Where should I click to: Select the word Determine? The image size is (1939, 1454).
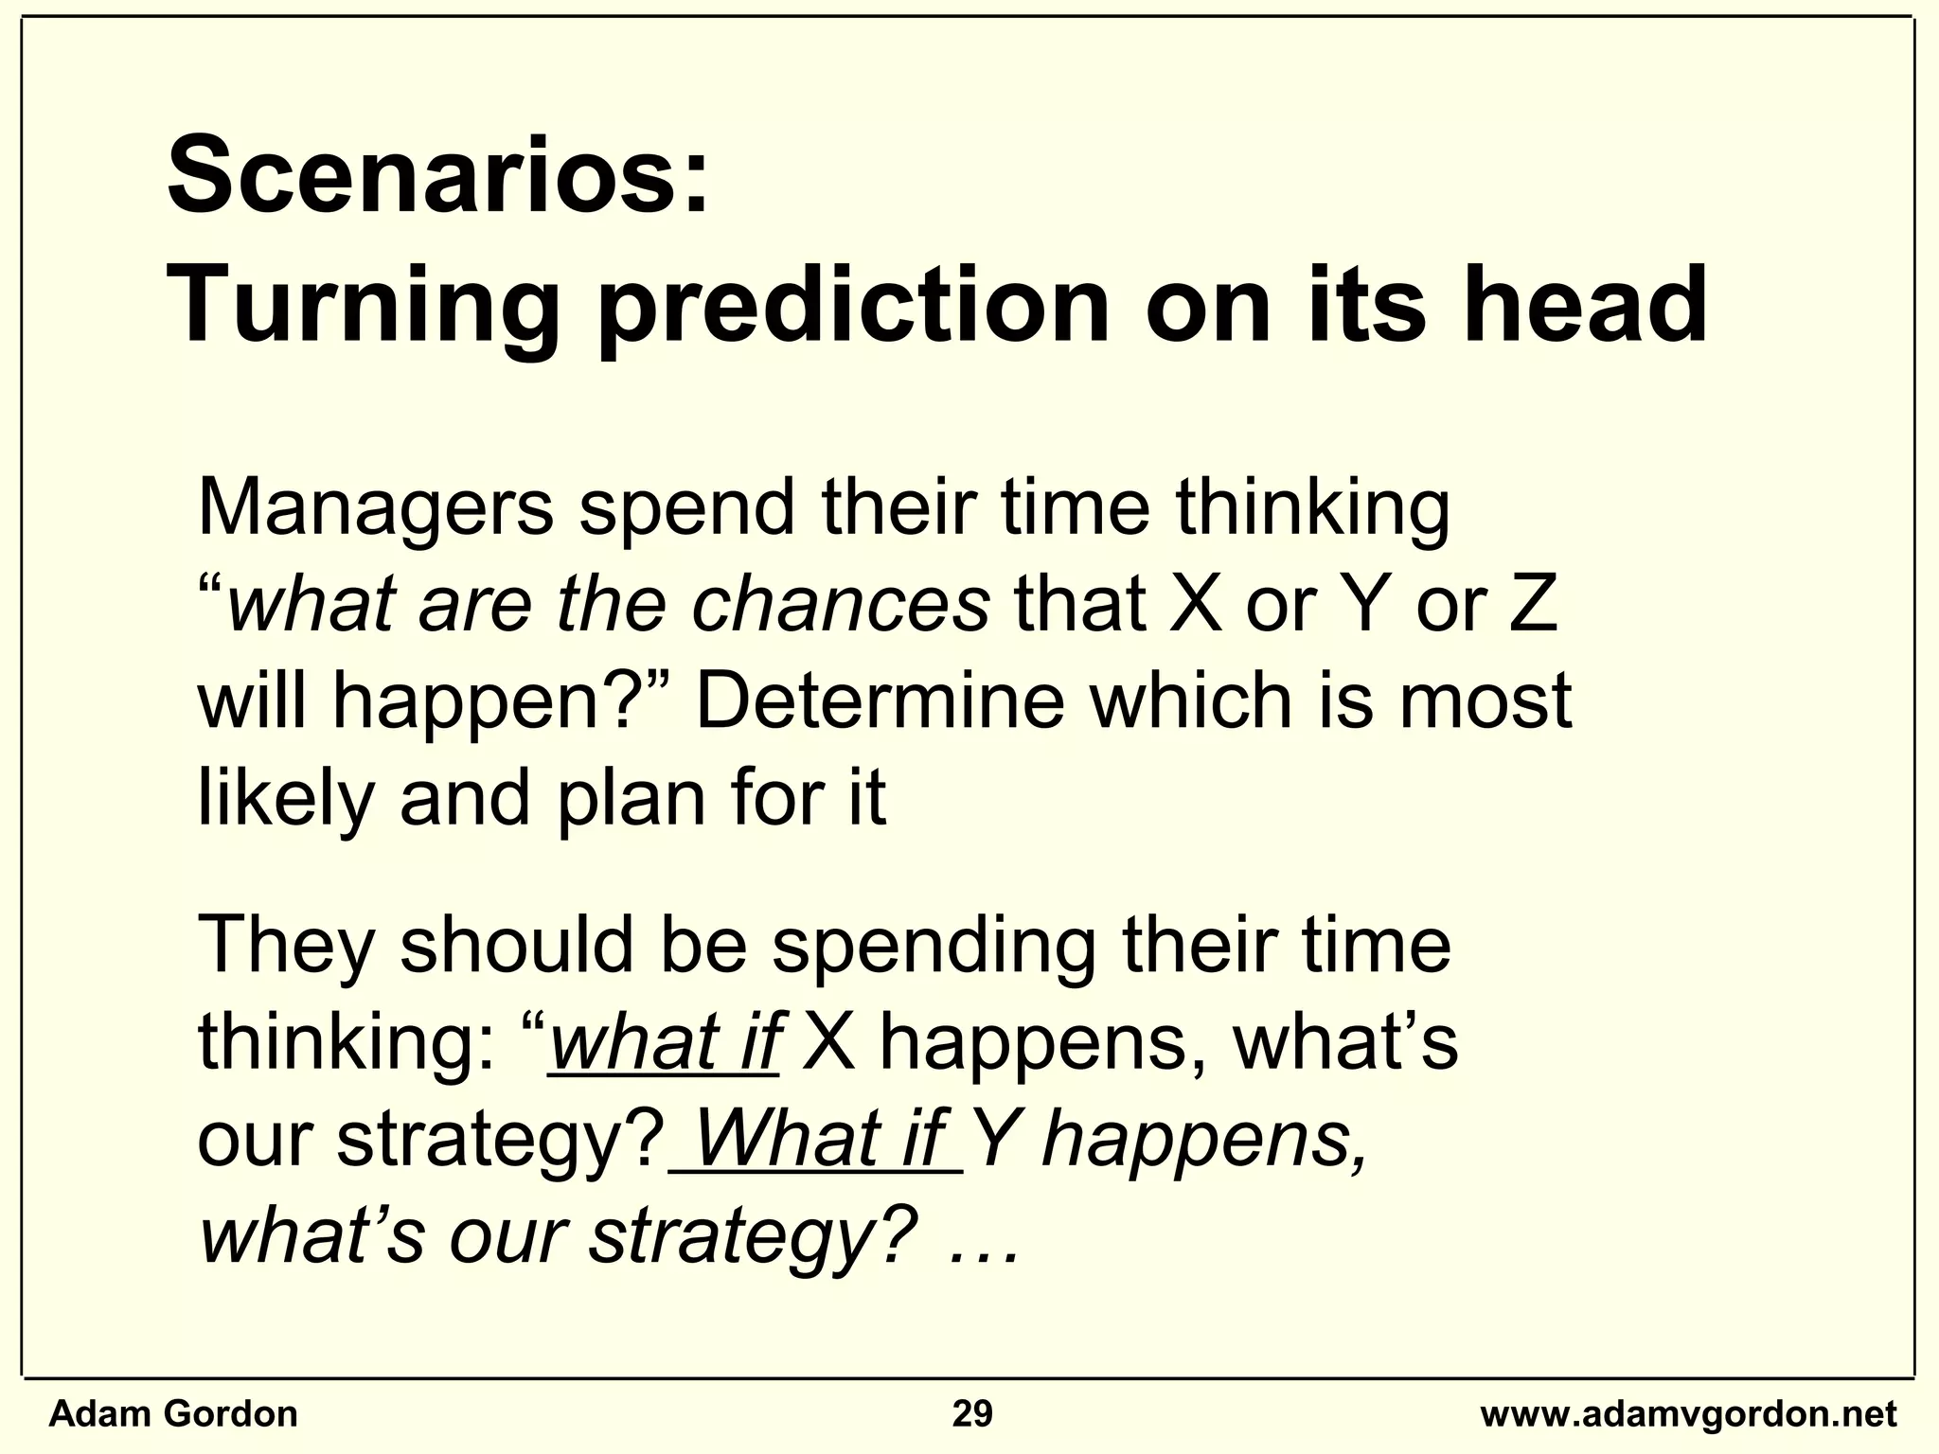881,702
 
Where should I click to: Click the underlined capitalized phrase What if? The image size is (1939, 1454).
819,1141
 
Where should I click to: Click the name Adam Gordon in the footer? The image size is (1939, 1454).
173,1414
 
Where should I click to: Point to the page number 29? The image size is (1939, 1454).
972,1414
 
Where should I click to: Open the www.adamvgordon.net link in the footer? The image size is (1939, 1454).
1689,1414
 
